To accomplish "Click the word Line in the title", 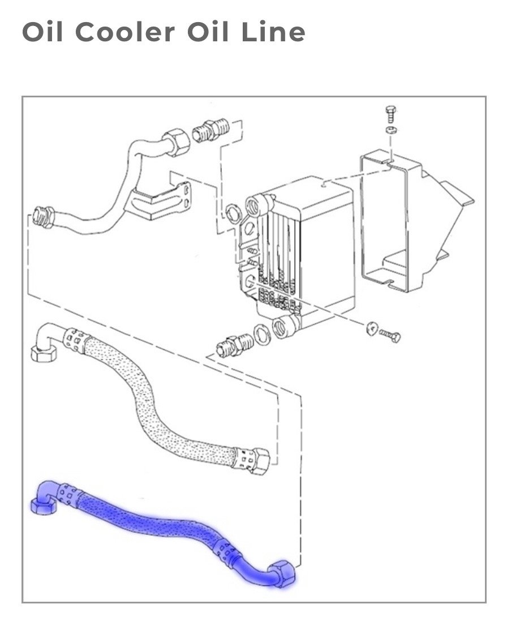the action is pos(273,32).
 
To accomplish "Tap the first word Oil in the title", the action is pos(42,32).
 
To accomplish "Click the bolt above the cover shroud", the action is pos(391,114).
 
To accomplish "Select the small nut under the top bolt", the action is pos(391,130).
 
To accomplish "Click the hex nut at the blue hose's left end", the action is pos(43,506).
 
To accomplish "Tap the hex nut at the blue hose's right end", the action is pos(284,573).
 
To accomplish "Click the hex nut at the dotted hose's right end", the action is pos(259,460).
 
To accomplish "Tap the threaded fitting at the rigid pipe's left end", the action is pos(43,217).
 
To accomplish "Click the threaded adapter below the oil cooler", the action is pos(234,345).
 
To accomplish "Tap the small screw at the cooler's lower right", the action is pos(390,335).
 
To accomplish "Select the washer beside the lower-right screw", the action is pos(372,328).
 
